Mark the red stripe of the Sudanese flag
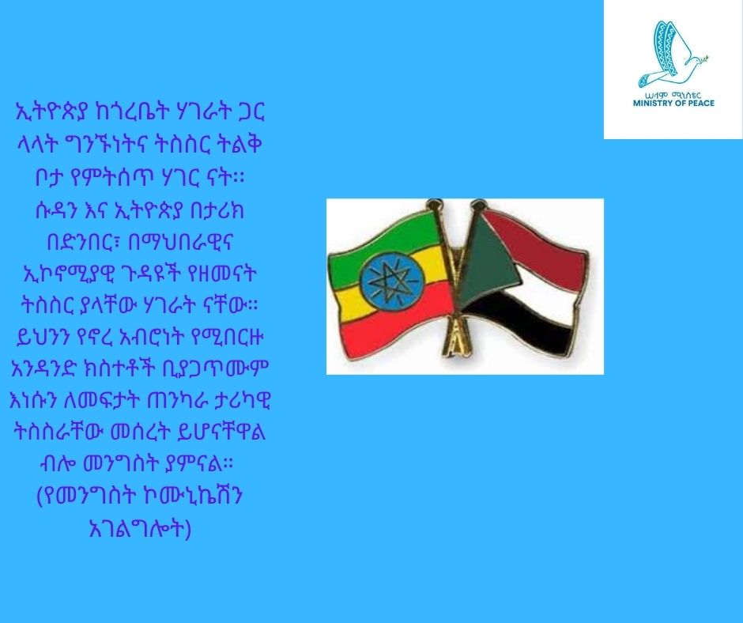[x=545, y=237]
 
